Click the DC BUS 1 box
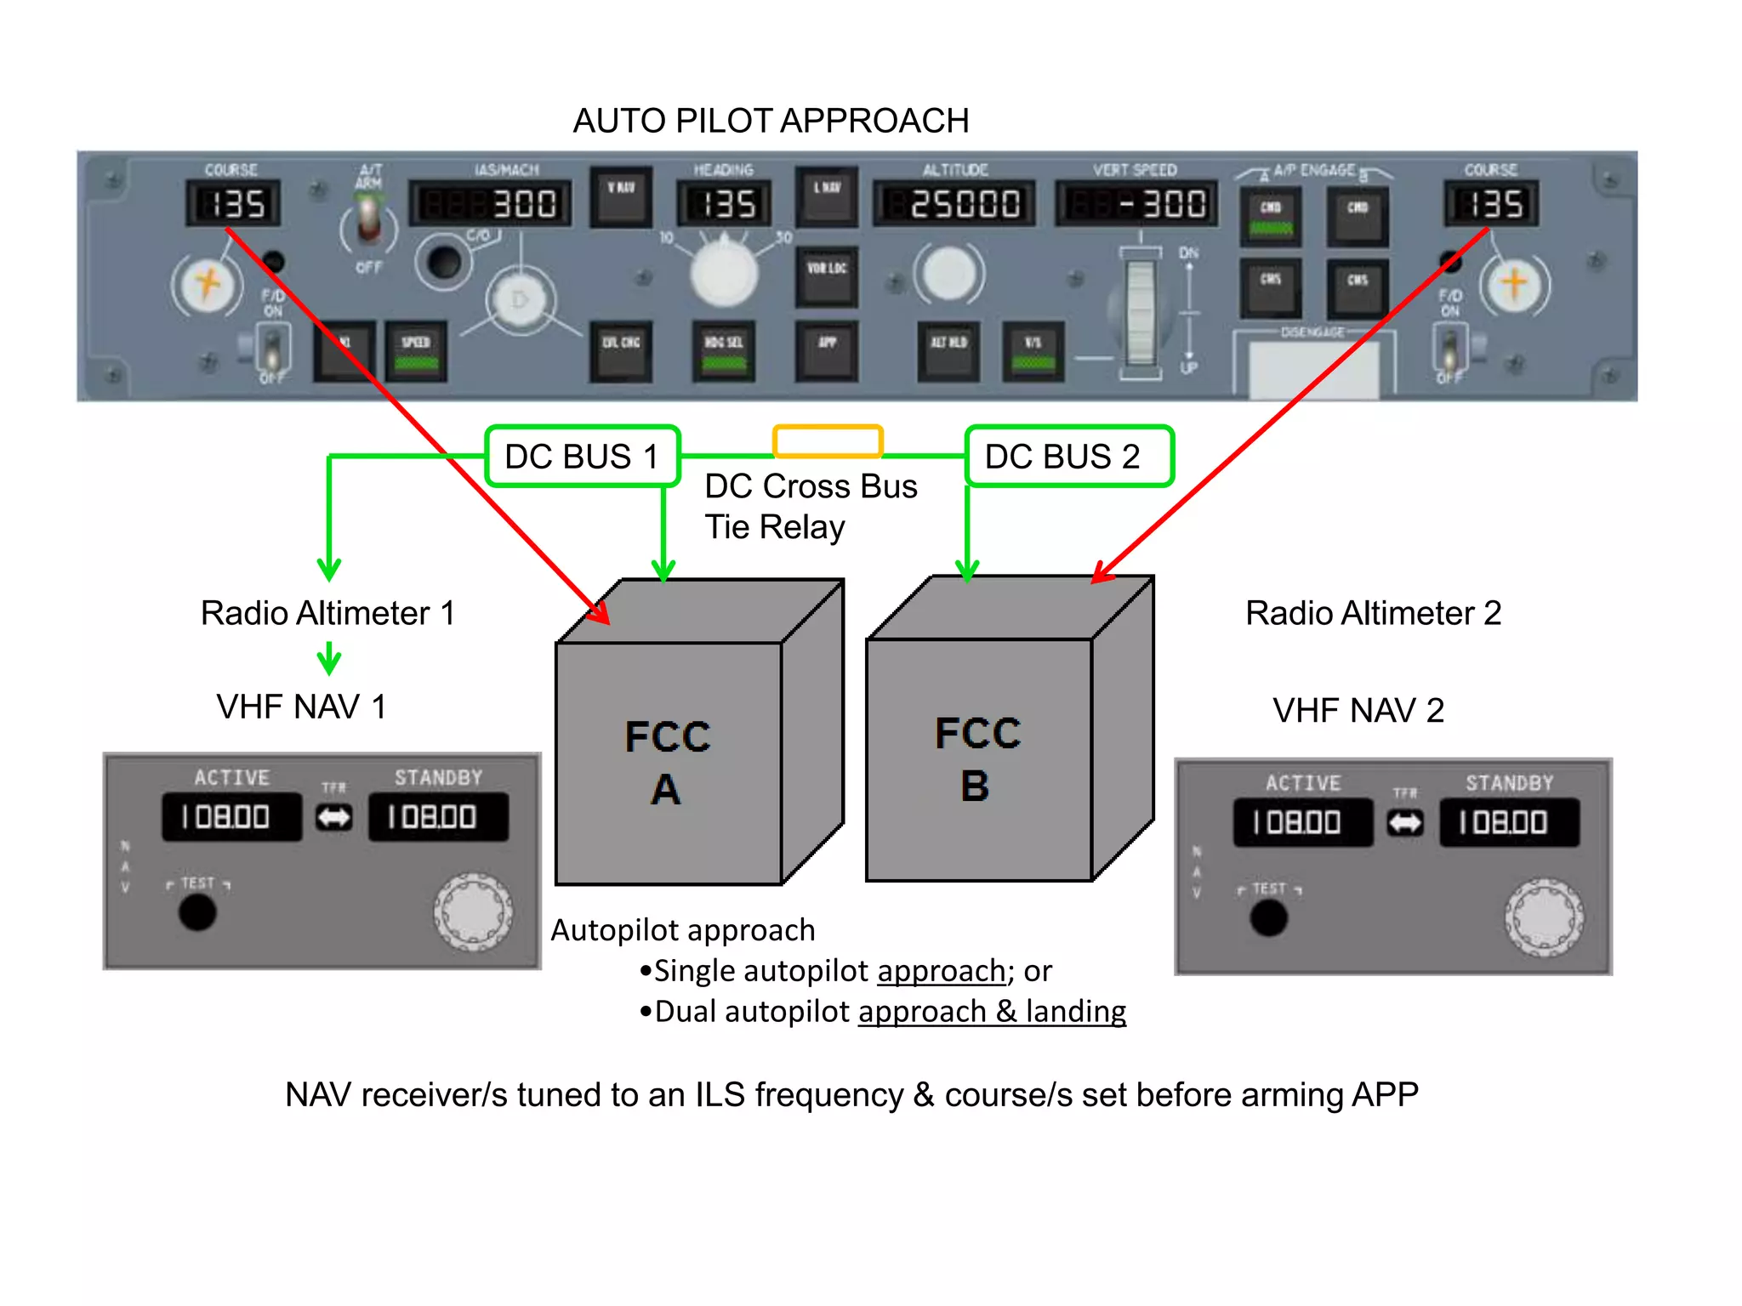(583, 457)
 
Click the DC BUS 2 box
(1068, 457)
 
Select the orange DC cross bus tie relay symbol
(827, 441)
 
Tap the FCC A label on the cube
(667, 762)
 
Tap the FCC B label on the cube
(977, 758)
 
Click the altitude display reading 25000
(954, 204)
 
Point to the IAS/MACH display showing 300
(491, 204)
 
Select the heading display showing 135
(724, 204)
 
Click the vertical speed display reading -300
(1136, 204)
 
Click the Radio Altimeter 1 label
(327, 613)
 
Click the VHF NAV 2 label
(1358, 710)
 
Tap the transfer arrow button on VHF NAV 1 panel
(333, 818)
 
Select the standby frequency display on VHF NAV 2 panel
(1508, 822)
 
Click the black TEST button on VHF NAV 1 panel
(197, 912)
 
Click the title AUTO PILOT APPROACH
(771, 121)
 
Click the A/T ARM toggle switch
(368, 219)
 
